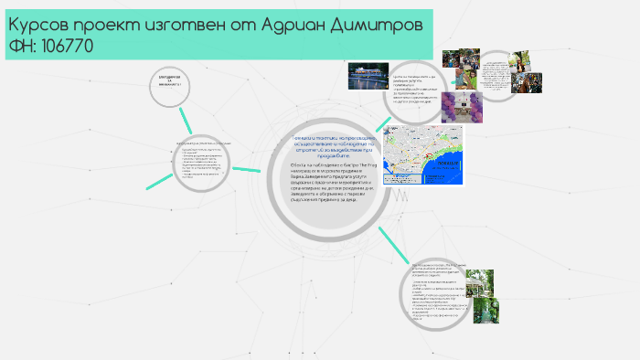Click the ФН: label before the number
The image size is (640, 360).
[20, 45]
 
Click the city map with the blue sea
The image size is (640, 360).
[426, 154]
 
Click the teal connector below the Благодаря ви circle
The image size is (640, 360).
[187, 120]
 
